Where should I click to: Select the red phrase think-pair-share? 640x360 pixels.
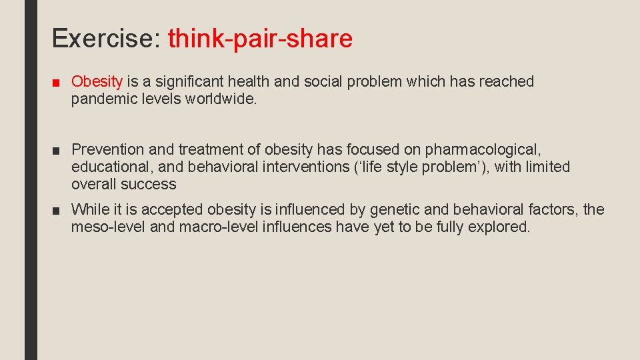click(x=260, y=39)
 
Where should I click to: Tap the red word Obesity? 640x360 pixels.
click(x=97, y=82)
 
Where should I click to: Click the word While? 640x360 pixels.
click(x=90, y=210)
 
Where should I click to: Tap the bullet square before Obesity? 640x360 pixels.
click(x=56, y=83)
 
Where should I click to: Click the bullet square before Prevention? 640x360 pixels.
click(x=56, y=150)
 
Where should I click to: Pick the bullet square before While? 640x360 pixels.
click(x=56, y=211)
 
